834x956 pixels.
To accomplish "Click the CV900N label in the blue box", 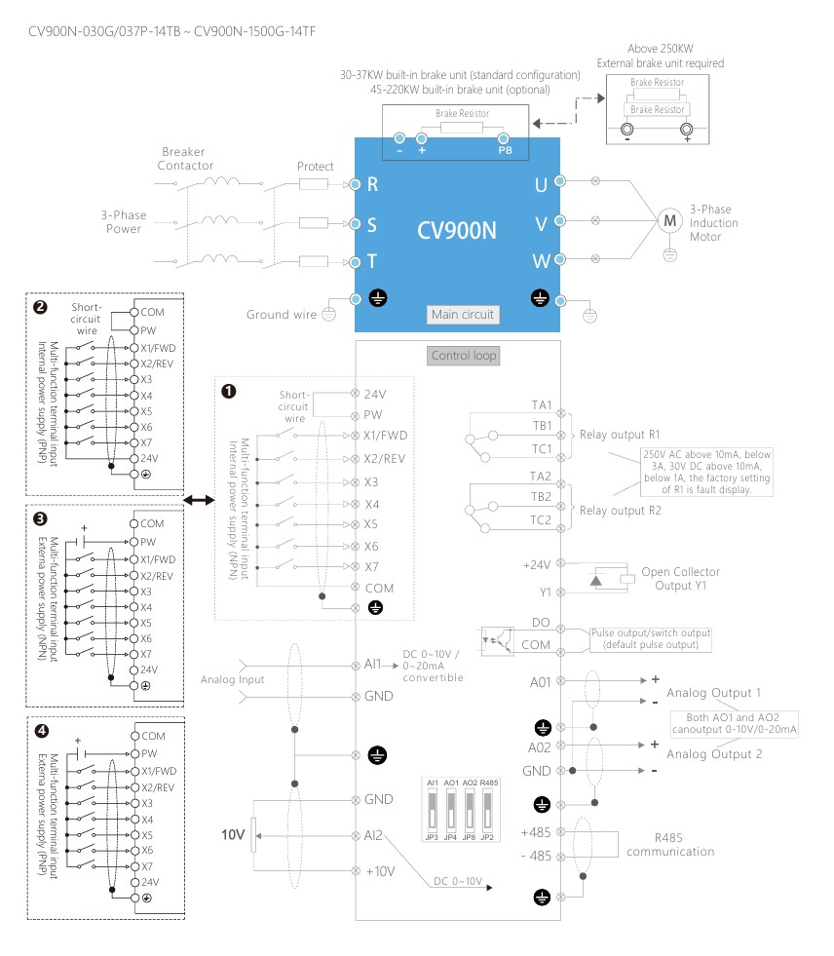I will click(456, 231).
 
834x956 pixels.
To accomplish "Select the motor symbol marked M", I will click(668, 221).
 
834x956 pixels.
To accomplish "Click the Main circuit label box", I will click(464, 314).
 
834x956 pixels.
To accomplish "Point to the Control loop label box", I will click(464, 356).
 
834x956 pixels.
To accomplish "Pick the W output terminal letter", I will click(541, 262).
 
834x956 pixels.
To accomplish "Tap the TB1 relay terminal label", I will click(542, 426).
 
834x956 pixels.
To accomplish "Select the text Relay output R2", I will click(621, 510).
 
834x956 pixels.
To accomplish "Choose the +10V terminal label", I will click(380, 870).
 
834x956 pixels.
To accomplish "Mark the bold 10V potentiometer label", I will click(232, 835).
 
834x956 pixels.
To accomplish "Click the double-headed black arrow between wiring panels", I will click(198, 500).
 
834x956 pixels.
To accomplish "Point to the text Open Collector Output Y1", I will click(680, 579).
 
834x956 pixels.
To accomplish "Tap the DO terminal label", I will click(543, 622).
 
